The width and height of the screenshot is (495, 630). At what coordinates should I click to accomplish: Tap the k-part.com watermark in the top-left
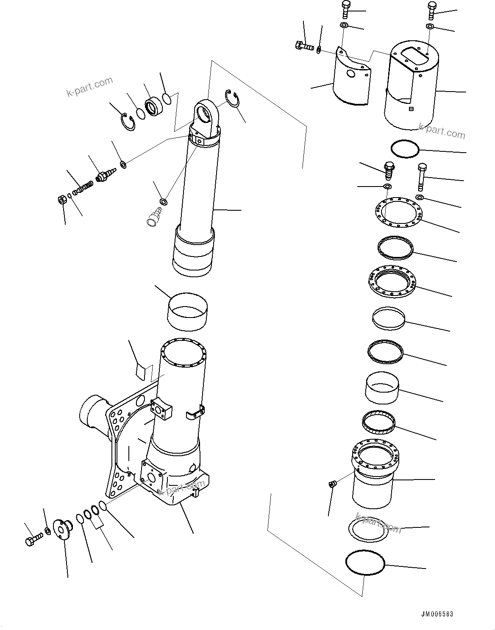click(x=89, y=86)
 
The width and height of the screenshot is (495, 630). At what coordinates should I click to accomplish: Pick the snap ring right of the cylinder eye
click(x=232, y=100)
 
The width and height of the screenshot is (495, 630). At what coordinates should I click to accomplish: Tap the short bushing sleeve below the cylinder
click(x=188, y=312)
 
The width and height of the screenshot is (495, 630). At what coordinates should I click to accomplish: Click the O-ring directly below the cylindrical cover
click(x=405, y=149)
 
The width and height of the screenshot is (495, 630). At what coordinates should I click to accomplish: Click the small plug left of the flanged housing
click(x=332, y=484)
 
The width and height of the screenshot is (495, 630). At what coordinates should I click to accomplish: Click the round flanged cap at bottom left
click(x=62, y=530)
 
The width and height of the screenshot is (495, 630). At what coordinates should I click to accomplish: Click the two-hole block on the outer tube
click(x=161, y=409)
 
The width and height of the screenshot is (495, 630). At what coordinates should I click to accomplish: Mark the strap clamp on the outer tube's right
click(x=195, y=412)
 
